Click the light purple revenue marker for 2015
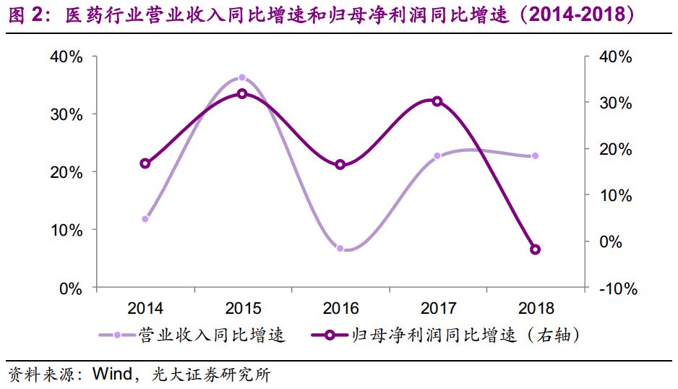click(x=242, y=77)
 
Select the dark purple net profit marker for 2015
click(x=242, y=93)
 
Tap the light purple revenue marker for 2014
click(x=145, y=218)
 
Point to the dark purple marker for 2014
click(x=145, y=163)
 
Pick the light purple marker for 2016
click(x=340, y=248)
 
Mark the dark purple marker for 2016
click(x=340, y=165)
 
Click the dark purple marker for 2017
click(x=437, y=101)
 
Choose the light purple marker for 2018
click(x=535, y=156)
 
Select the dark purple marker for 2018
click(x=535, y=249)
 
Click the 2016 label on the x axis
click(x=340, y=309)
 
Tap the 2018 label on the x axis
click(x=535, y=309)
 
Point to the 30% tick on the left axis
click(x=66, y=114)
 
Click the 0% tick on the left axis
click(x=71, y=288)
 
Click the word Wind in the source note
click(x=110, y=375)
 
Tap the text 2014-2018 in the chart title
click(x=571, y=16)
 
